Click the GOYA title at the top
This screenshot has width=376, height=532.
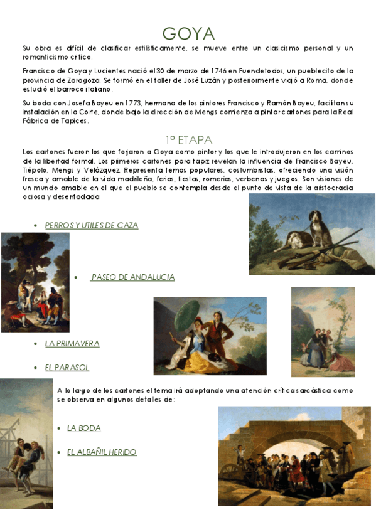pyautogui.click(x=188, y=33)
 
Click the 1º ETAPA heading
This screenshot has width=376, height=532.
pyautogui.click(x=188, y=139)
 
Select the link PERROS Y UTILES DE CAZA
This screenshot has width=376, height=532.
pyautogui.click(x=92, y=225)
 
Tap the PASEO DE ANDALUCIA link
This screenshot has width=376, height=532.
pyautogui.click(x=132, y=277)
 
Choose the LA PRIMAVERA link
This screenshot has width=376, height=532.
pyautogui.click(x=72, y=344)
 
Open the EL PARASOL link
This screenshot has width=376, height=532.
pyautogui.click(x=67, y=368)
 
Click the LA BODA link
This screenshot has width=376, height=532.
pyautogui.click(x=84, y=428)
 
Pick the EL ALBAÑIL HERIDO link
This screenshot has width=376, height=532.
pyautogui.click(x=102, y=452)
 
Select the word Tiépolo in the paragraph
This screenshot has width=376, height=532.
pyautogui.click(x=36, y=170)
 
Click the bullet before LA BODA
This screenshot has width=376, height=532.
pyautogui.click(x=58, y=429)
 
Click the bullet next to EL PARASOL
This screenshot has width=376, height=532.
pyautogui.click(x=35, y=368)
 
